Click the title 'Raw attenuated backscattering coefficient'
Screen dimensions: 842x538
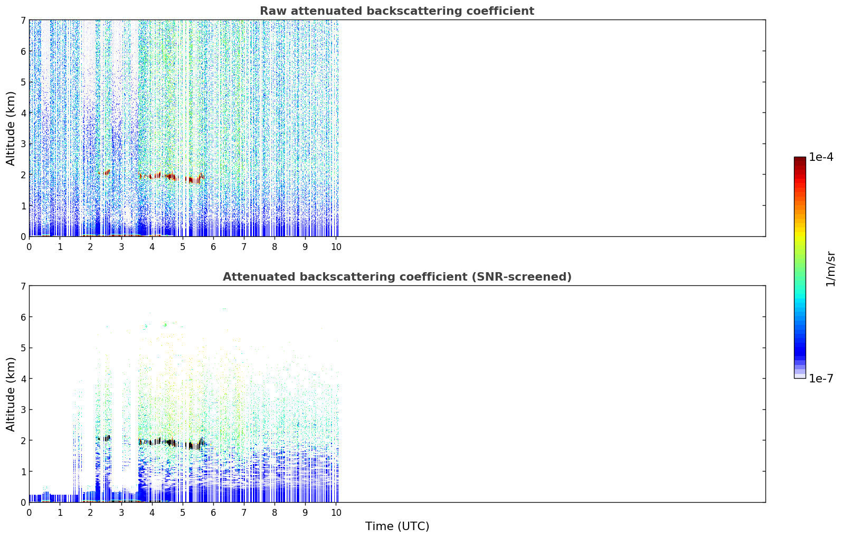coord(397,11)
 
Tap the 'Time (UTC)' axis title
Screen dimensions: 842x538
coord(397,526)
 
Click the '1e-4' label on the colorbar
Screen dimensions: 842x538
coord(821,157)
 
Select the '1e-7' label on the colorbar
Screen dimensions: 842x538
coord(821,378)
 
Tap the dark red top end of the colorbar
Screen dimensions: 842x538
coord(800,158)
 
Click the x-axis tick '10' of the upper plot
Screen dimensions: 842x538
coord(336,247)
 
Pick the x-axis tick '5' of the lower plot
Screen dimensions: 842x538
coord(183,513)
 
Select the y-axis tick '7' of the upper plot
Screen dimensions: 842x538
coord(23,20)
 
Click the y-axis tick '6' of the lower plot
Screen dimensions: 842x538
coord(23,317)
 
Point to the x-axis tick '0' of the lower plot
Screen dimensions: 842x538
coord(30,513)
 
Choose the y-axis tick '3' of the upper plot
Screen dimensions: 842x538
coord(23,144)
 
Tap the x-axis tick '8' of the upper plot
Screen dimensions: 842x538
coord(275,247)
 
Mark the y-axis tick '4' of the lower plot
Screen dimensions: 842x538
coord(23,379)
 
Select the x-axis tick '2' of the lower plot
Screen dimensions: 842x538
coord(91,513)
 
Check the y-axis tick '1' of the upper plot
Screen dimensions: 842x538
coord(23,206)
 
